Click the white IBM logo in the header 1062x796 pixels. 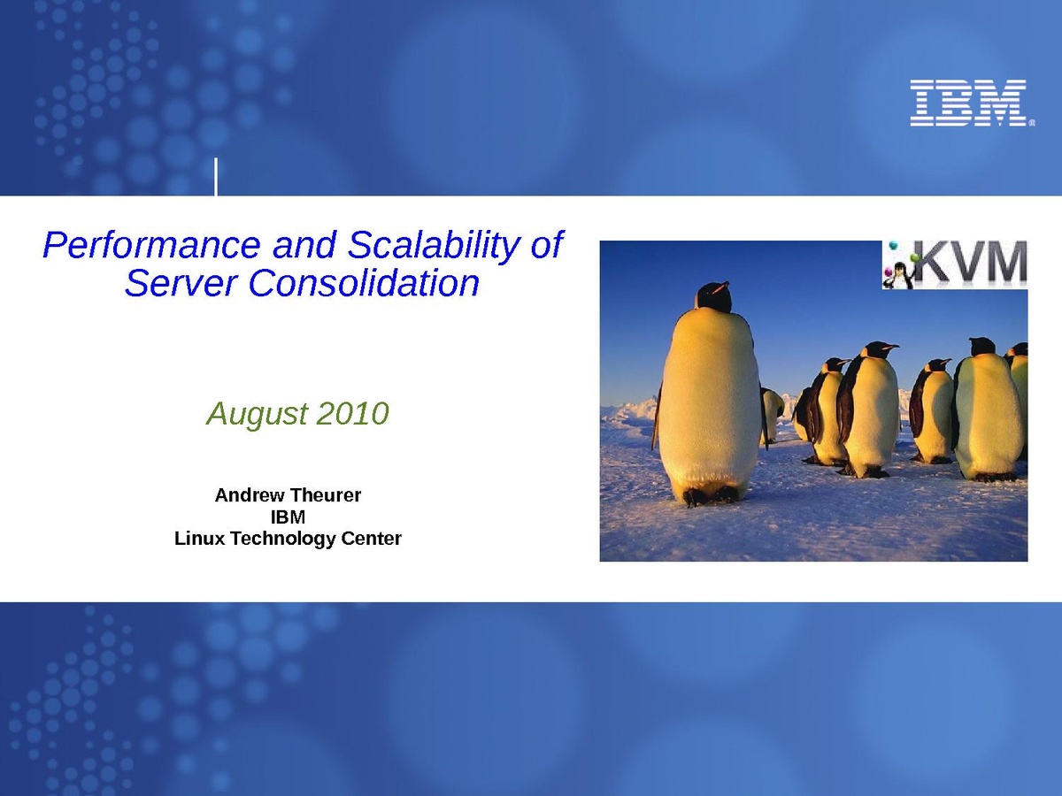[968, 103]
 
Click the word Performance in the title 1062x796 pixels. [151, 245]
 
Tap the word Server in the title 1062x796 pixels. [181, 283]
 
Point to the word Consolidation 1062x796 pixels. [364, 283]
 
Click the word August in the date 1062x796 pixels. [257, 415]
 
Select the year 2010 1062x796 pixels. [353, 413]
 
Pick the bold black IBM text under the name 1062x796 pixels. [288, 517]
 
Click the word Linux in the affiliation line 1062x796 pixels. [199, 539]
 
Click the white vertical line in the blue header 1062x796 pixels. [216, 176]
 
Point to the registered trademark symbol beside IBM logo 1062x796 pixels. [1031, 123]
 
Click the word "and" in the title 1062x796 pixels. [304, 245]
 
